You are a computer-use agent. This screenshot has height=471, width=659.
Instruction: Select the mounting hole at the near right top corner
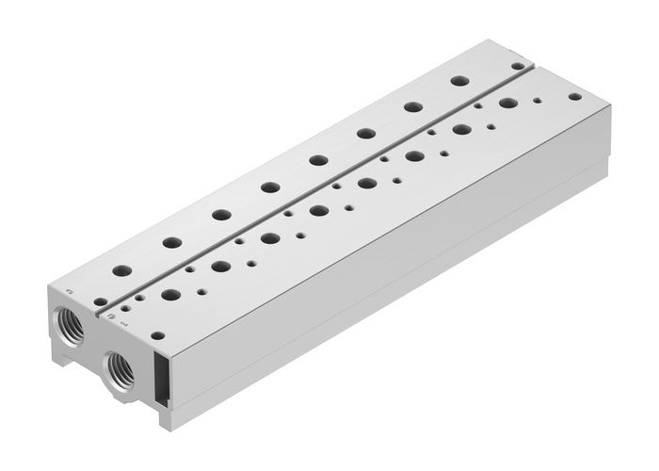coord(157,334)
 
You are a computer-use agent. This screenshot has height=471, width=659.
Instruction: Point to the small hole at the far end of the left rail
coord(517,66)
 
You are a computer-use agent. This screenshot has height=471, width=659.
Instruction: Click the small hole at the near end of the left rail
coord(100,301)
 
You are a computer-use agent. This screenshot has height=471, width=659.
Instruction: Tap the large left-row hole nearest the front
coord(122,270)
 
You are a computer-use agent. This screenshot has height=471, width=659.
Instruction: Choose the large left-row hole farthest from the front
coord(460,81)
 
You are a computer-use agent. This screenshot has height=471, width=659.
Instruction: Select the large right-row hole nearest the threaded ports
coord(170,295)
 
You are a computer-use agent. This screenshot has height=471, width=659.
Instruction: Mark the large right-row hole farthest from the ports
coord(508,103)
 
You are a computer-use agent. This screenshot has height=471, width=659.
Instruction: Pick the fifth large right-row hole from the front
coord(367,183)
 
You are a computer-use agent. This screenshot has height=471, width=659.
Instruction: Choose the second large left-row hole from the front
coord(171,242)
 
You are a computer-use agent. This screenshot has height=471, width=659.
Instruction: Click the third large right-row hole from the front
coord(270,238)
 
